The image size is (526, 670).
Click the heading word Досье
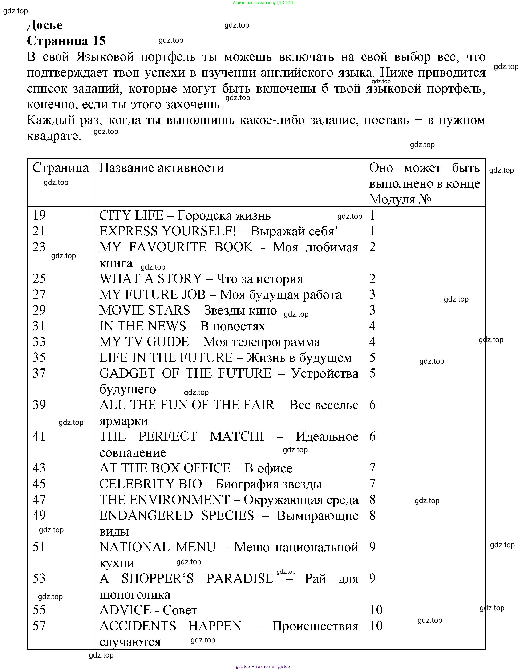click(x=45, y=25)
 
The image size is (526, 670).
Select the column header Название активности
click(x=161, y=168)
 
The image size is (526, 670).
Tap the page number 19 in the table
click(x=39, y=215)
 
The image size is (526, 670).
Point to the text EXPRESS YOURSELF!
click(x=168, y=231)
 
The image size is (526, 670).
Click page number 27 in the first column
click(x=39, y=294)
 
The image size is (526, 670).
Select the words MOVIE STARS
click(x=145, y=310)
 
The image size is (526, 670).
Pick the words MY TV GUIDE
click(x=144, y=342)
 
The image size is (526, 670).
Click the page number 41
click(x=39, y=436)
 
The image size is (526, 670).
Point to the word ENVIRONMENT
click(x=180, y=500)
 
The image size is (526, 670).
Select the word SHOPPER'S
click(x=158, y=579)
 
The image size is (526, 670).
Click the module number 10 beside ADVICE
click(x=376, y=610)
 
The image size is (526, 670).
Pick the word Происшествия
click(x=315, y=626)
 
